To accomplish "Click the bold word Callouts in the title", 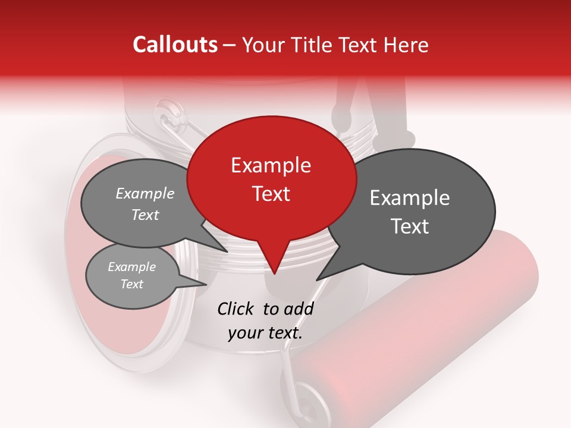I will coord(175,45).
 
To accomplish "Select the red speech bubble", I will coord(271,178).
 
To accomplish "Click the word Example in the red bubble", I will coord(271,165).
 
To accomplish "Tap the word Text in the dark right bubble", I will coord(410,226).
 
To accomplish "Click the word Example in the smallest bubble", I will coord(132,267).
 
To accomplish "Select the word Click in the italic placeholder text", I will coord(237,309).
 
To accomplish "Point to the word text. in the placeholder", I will coord(282,333).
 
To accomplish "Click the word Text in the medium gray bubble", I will coord(145,215).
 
